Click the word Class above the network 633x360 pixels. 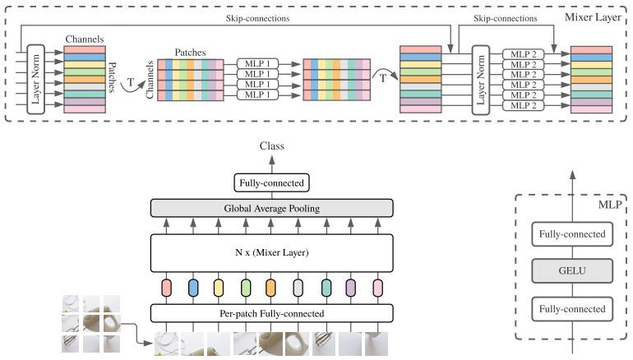pyautogui.click(x=271, y=146)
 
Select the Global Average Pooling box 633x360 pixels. pyautogui.click(x=271, y=209)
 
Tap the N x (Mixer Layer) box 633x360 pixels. pyautogui.click(x=271, y=252)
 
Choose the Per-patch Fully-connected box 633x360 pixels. pyautogui.click(x=271, y=313)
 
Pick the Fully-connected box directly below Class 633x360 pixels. pyautogui.click(x=271, y=183)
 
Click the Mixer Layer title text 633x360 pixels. pyautogui.click(x=598, y=17)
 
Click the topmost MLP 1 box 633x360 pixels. pyautogui.click(x=258, y=62)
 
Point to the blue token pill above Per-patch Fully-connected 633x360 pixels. pyautogui.click(x=193, y=288)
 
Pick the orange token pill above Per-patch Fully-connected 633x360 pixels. pyautogui.click(x=271, y=288)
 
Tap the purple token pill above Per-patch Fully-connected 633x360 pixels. pyautogui.click(x=351, y=288)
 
